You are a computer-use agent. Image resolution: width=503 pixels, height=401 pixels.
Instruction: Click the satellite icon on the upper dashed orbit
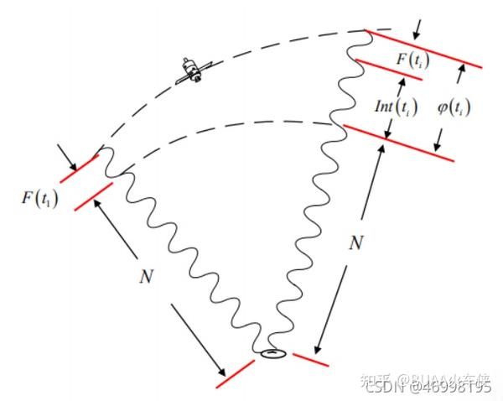pos(192,71)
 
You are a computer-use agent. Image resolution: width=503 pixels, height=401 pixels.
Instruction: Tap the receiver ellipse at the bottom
pos(273,353)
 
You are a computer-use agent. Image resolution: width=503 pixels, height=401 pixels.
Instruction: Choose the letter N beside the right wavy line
pos(355,243)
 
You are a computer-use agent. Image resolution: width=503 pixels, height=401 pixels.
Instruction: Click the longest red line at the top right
pos(423,49)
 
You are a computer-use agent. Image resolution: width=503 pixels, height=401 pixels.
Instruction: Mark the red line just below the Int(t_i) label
pos(399,143)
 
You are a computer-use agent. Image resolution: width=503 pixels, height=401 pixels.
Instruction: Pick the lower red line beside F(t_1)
pos(94,196)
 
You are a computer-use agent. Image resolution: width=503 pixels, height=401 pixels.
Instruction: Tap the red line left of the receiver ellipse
pos(234,373)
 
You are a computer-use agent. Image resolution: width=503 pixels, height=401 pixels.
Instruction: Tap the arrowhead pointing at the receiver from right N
pos(320,345)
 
